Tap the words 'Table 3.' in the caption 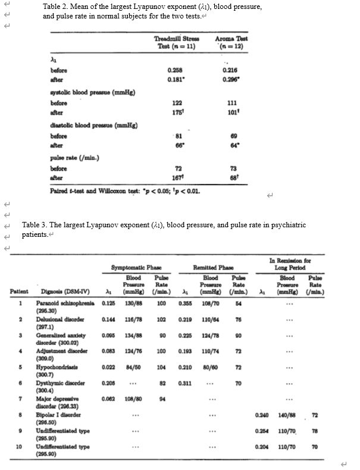(35, 225)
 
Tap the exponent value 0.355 (187, 303)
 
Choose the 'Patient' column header (20, 292)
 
